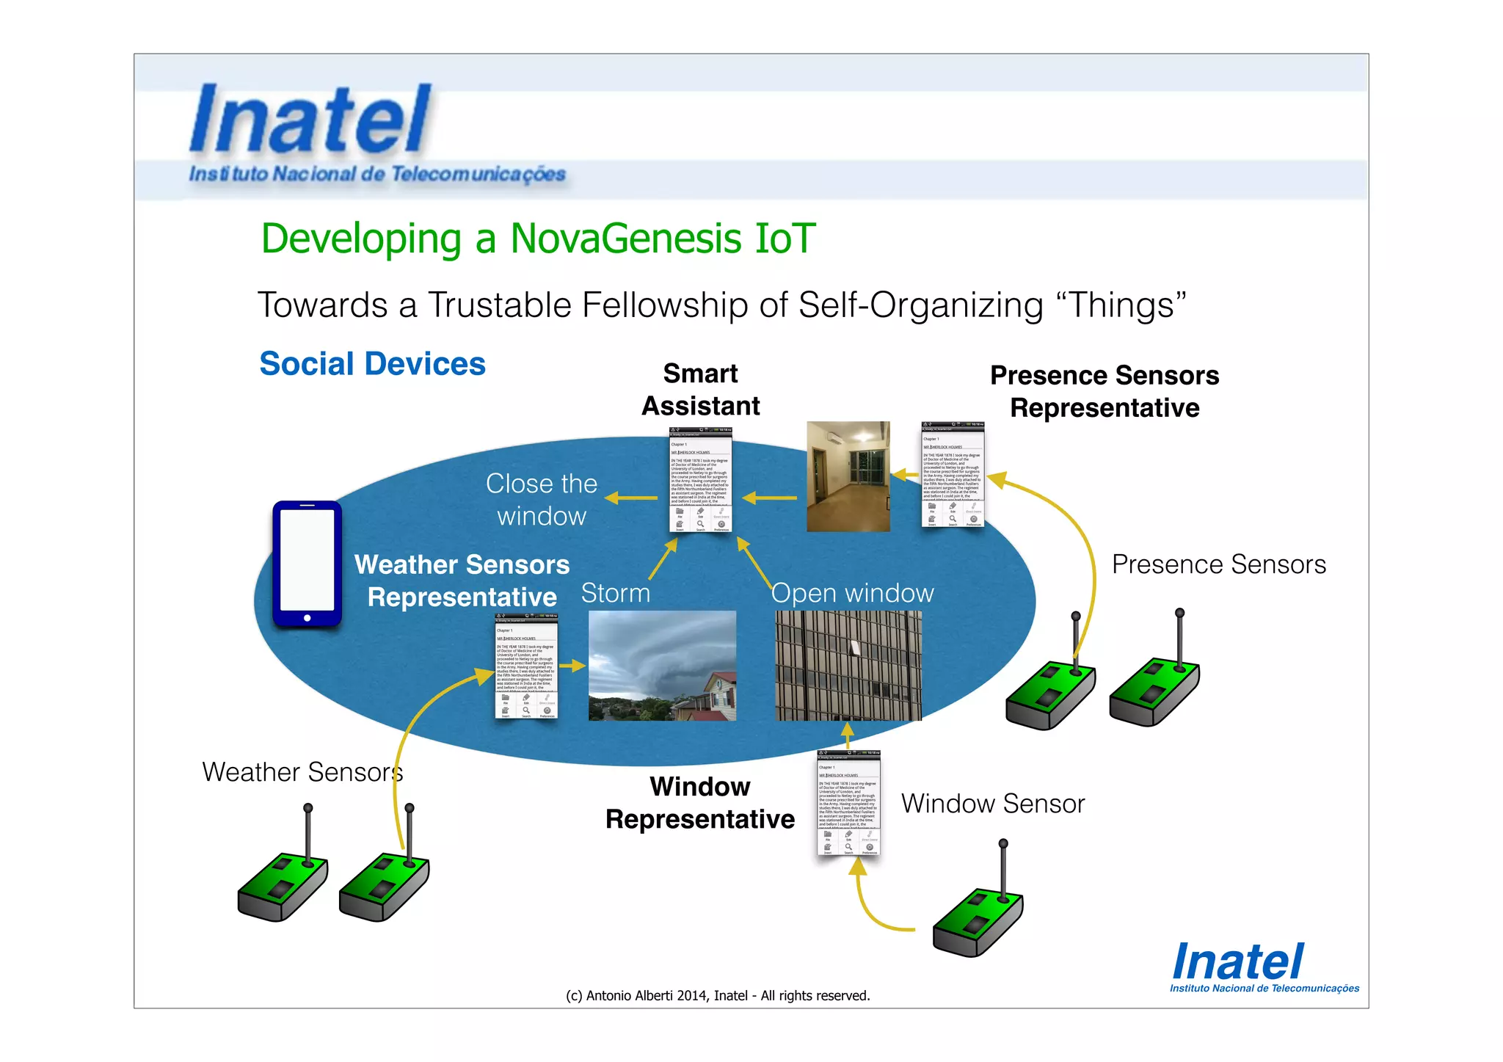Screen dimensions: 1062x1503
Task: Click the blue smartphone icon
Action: pyautogui.click(x=307, y=563)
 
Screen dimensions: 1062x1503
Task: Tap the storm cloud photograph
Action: pyautogui.click(x=662, y=665)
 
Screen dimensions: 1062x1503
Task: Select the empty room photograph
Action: pyautogui.click(x=848, y=476)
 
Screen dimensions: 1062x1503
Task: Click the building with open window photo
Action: pyautogui.click(x=848, y=665)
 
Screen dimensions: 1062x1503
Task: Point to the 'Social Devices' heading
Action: pyautogui.click(x=372, y=364)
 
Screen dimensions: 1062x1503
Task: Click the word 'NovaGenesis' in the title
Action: pyautogui.click(x=626, y=239)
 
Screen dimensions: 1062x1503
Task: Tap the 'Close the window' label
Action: pyautogui.click(x=542, y=500)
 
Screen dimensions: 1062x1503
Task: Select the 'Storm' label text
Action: pyautogui.click(x=615, y=593)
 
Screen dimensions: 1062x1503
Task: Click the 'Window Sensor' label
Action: pyautogui.click(x=992, y=804)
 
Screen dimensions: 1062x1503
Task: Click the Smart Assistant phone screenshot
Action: pyautogui.click(x=700, y=479)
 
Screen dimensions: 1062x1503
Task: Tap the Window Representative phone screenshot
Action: pyautogui.click(x=848, y=803)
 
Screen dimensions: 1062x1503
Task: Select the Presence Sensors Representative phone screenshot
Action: pyautogui.click(x=952, y=474)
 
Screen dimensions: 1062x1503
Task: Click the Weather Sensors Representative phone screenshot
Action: pyautogui.click(x=526, y=666)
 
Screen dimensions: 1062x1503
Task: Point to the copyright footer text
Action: pyautogui.click(x=717, y=996)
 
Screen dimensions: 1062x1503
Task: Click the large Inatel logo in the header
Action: pyautogui.click(x=310, y=120)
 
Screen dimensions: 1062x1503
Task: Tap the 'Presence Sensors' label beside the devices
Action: pyautogui.click(x=1218, y=564)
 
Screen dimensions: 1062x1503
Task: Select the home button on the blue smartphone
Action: pyautogui.click(x=307, y=618)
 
